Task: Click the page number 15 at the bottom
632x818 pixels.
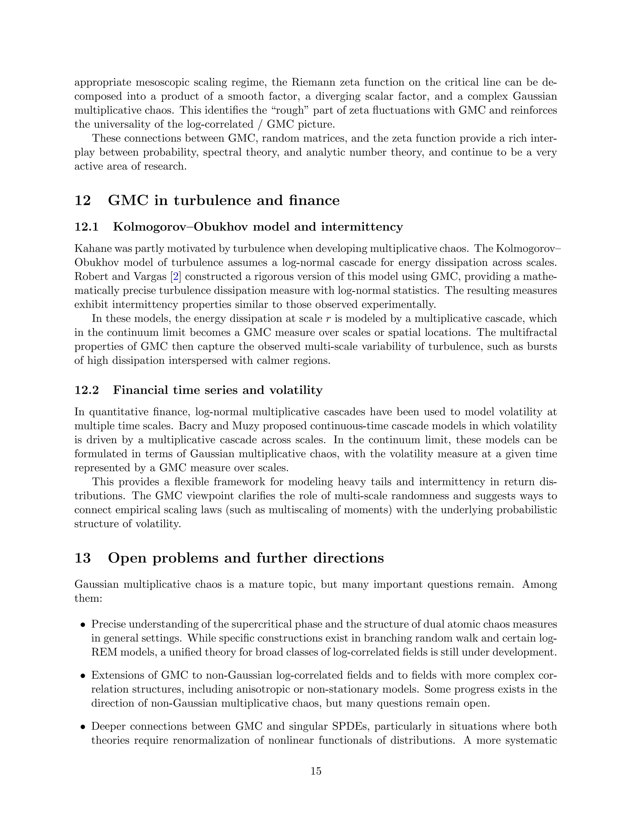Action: coord(316,771)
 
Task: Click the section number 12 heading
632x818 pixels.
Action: coord(83,200)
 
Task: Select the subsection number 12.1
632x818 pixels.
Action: coord(86,227)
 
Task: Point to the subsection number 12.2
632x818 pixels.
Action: coord(86,390)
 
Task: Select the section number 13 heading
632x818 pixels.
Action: coord(83,558)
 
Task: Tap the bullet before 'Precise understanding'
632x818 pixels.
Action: coord(83,625)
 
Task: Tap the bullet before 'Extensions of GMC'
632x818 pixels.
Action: coord(83,676)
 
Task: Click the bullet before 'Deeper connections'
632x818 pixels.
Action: coord(83,727)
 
